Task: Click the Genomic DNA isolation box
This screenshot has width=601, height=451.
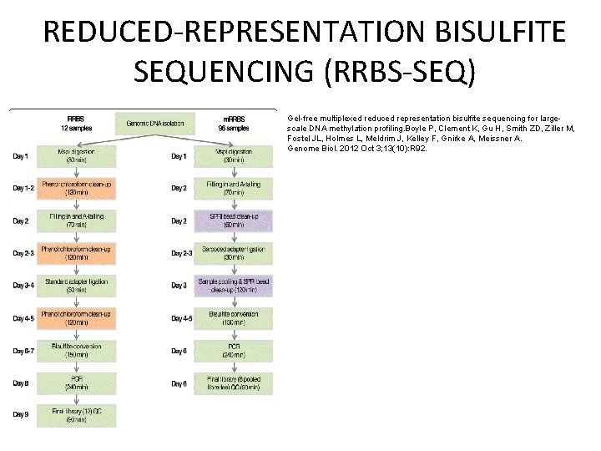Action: click(x=155, y=124)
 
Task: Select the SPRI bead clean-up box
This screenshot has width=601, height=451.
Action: click(x=233, y=220)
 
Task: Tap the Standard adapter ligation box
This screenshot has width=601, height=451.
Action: click(x=77, y=285)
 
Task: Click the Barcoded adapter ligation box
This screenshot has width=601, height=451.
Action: click(x=233, y=253)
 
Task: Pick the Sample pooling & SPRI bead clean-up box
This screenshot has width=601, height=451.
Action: click(x=233, y=285)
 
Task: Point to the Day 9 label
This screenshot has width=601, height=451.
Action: click(x=21, y=413)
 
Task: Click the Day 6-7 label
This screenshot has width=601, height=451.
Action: click(x=23, y=349)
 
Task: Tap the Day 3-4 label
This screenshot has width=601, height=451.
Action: click(x=23, y=285)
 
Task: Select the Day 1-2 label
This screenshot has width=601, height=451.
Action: click(x=23, y=188)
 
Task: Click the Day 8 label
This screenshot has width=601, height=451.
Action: click(x=21, y=383)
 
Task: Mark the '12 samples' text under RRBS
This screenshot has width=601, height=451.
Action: click(x=76, y=129)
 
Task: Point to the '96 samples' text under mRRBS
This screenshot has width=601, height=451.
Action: click(x=233, y=129)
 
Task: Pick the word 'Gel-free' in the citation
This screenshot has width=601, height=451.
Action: click(x=303, y=119)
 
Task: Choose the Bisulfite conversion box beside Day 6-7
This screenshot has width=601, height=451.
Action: click(x=77, y=349)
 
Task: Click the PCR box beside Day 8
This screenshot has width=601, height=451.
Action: click(x=77, y=383)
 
